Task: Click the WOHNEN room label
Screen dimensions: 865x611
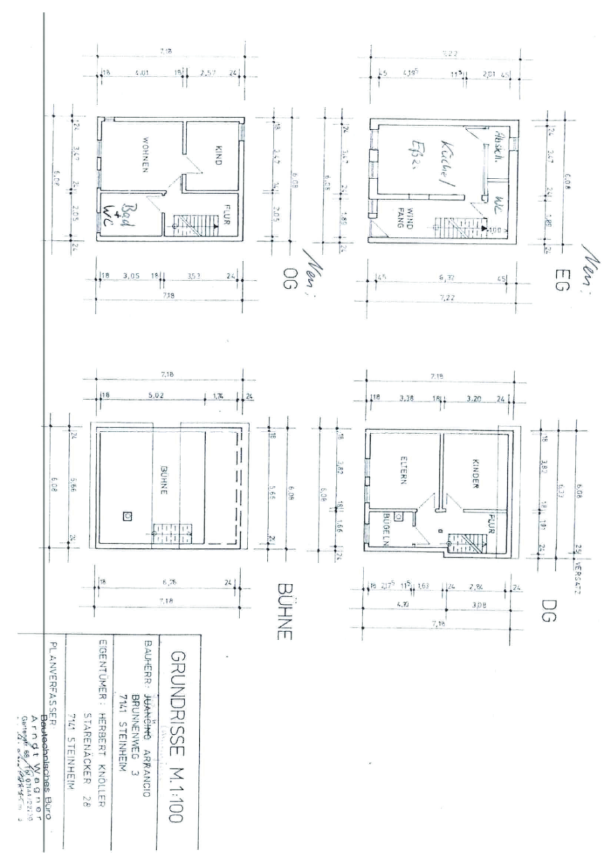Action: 144,156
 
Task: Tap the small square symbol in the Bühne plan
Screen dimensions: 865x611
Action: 127,515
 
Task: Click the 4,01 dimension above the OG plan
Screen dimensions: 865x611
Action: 141,72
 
